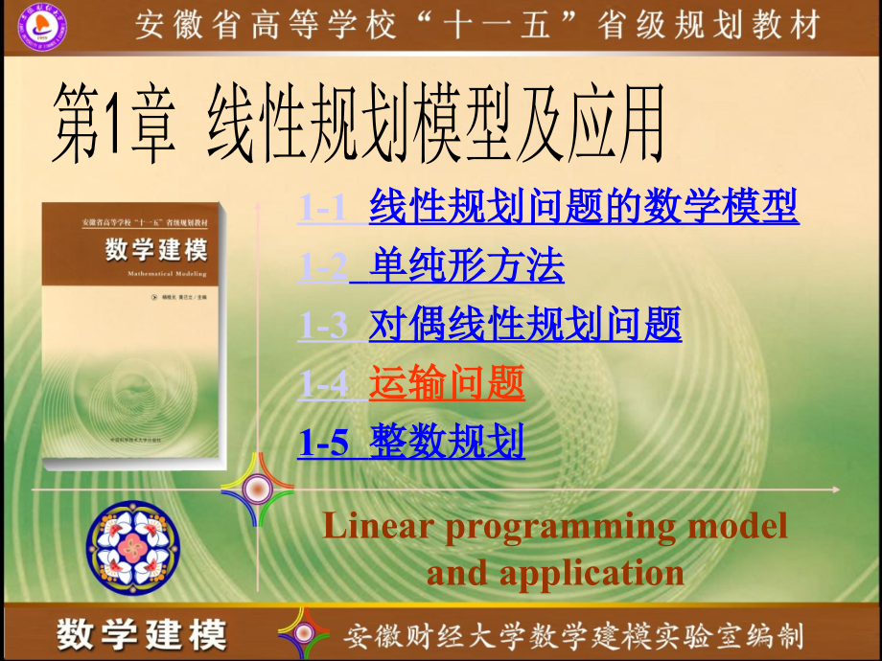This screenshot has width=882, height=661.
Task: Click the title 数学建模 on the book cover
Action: tap(155, 251)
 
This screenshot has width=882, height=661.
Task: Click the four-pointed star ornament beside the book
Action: tap(256, 490)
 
